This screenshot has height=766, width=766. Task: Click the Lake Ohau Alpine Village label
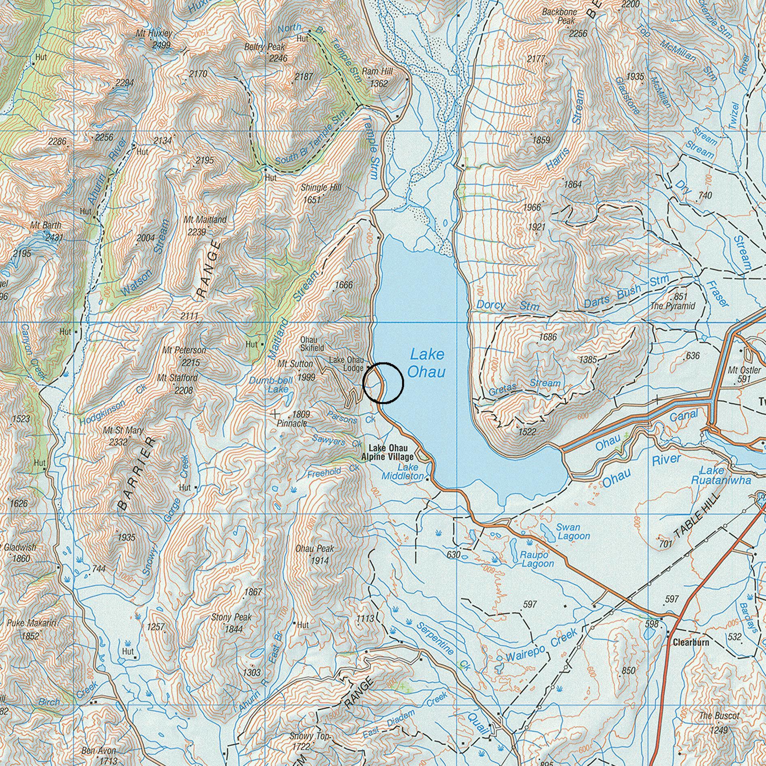(x=388, y=452)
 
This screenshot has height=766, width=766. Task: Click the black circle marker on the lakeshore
(x=383, y=383)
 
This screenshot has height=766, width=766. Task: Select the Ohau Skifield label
(x=312, y=344)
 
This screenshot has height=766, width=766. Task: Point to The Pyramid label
(x=673, y=306)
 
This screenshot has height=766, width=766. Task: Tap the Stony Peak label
(x=231, y=617)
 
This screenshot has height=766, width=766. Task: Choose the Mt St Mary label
(x=123, y=430)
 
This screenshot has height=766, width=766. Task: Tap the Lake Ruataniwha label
(x=721, y=475)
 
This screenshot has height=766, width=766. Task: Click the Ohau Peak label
(x=315, y=549)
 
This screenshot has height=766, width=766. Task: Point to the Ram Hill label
(x=377, y=71)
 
